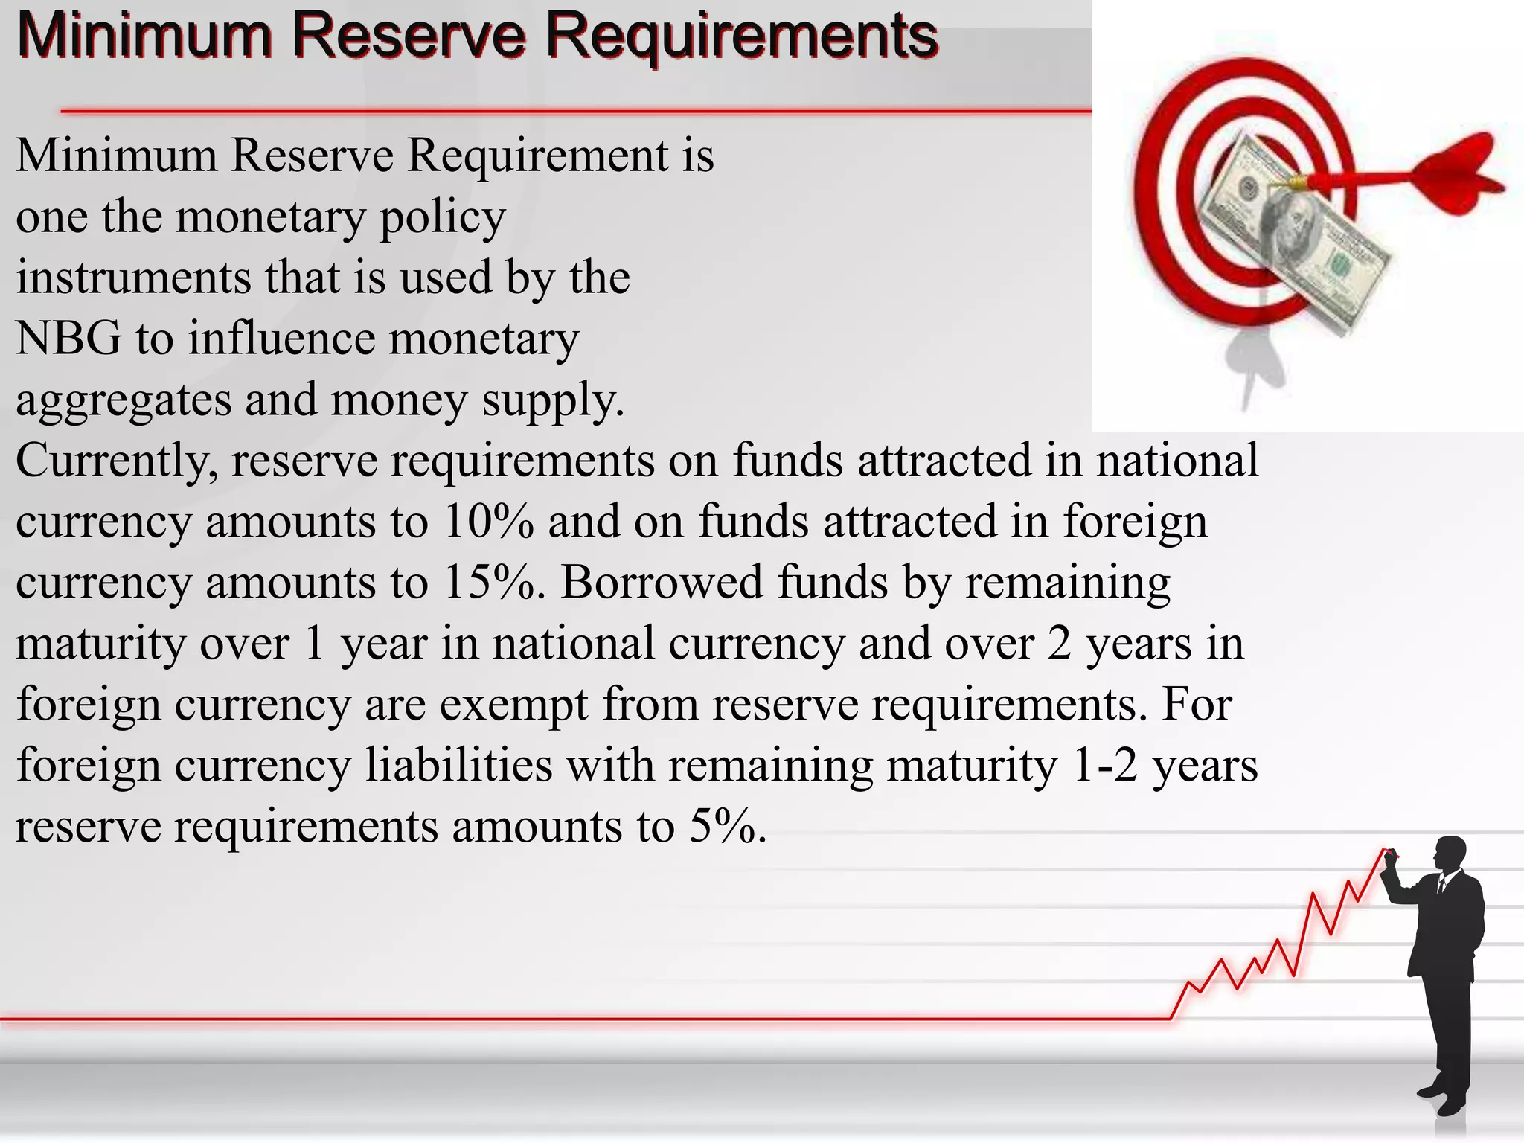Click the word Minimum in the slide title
144,36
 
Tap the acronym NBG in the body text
68,339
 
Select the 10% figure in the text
488,521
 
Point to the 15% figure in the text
488,582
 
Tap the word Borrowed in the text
662,582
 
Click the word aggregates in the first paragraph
124,401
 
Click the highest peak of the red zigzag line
1385,850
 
